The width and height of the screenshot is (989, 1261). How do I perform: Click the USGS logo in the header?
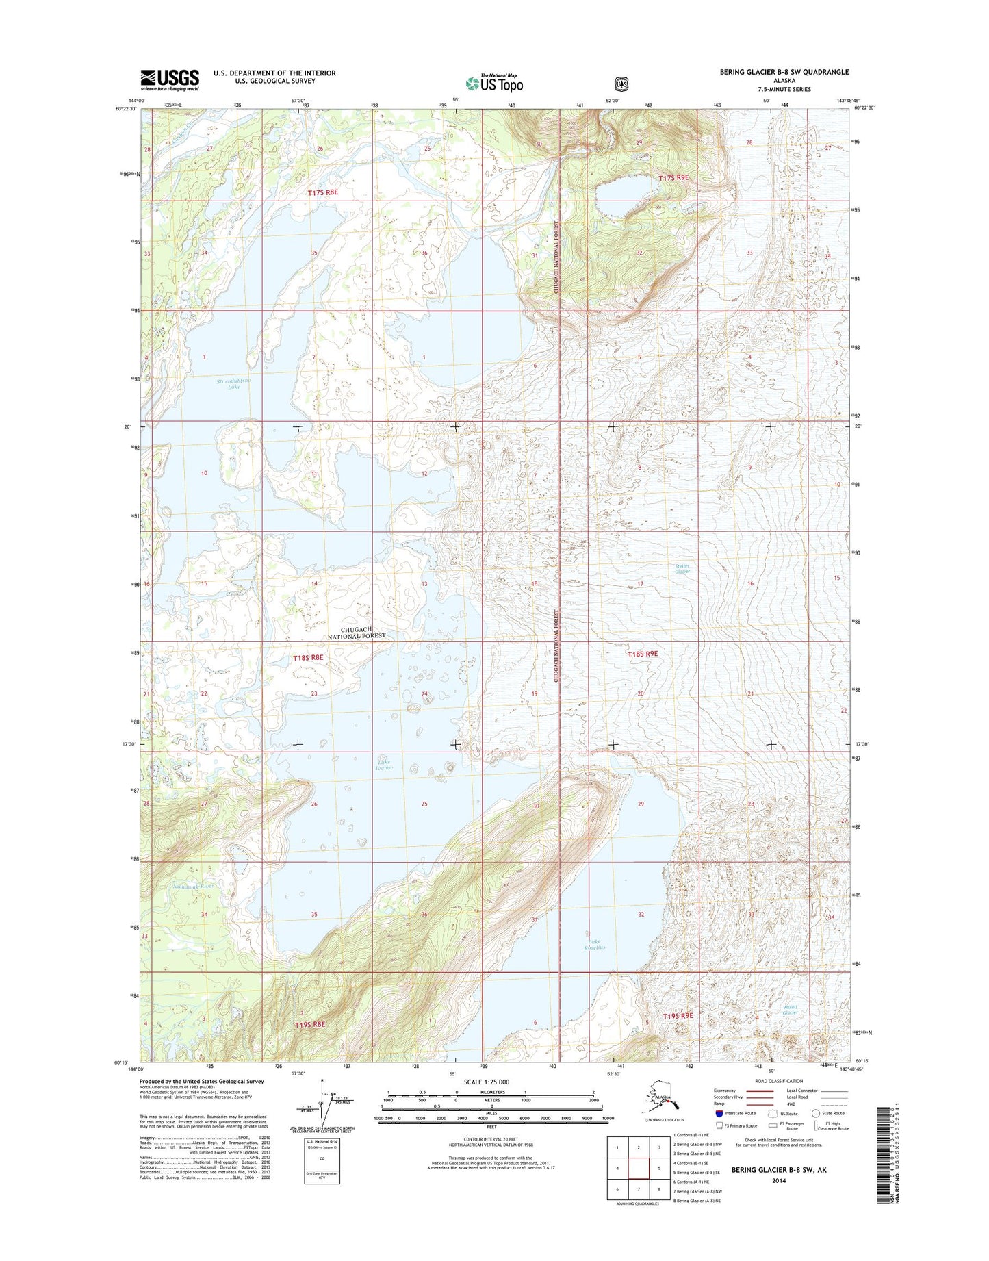(x=170, y=79)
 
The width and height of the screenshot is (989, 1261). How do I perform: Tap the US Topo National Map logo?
(x=494, y=83)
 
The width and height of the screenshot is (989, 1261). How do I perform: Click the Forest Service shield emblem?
(x=621, y=84)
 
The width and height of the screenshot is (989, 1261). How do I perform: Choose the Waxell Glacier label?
(x=790, y=1010)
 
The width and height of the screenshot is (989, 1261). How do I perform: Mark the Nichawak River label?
(x=194, y=886)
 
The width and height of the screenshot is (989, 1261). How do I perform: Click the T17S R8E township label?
(x=322, y=193)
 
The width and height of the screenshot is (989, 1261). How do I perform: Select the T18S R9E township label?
(x=643, y=654)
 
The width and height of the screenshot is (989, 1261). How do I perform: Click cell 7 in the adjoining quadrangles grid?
(x=638, y=1190)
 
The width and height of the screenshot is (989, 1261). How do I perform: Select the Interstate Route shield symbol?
(x=719, y=1113)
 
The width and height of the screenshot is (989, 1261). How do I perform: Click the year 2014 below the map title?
(x=778, y=1181)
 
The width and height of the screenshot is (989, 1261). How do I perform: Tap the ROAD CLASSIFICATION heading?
(x=780, y=1081)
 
